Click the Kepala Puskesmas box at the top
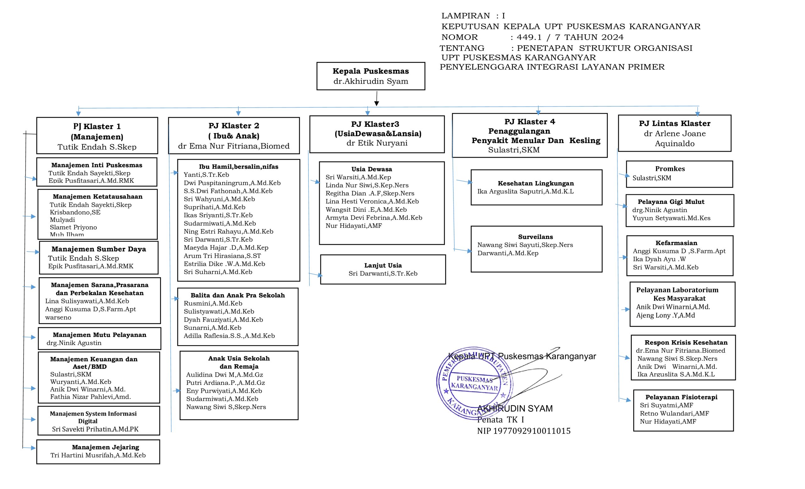(x=370, y=76)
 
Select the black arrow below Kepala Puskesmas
(x=376, y=98)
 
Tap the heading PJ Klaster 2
(x=234, y=126)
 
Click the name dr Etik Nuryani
(x=377, y=143)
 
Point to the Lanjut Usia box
(x=383, y=269)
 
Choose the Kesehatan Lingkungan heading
(x=536, y=183)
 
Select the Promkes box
(x=679, y=174)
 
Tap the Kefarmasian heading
(x=676, y=243)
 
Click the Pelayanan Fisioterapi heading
(x=681, y=397)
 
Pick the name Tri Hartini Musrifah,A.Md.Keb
(x=98, y=455)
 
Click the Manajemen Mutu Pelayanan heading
(x=99, y=335)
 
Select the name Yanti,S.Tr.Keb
(x=206, y=175)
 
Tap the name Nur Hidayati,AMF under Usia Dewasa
(x=353, y=226)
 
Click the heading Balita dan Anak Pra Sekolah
(x=237, y=295)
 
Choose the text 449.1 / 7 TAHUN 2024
(x=570, y=37)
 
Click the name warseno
(x=58, y=318)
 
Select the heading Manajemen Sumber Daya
(x=99, y=249)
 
